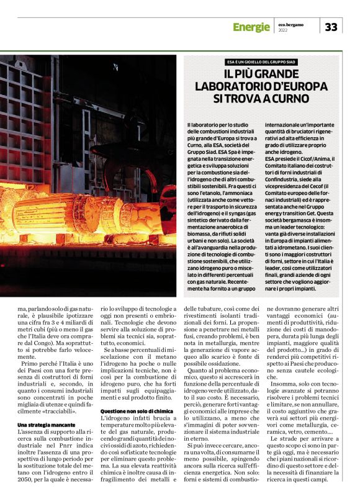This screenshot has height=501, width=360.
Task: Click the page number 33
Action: [x=331, y=27]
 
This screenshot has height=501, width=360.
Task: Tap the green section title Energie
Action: [x=251, y=27]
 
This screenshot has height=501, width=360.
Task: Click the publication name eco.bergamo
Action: [x=291, y=23]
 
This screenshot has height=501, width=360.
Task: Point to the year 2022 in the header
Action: [x=283, y=30]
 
